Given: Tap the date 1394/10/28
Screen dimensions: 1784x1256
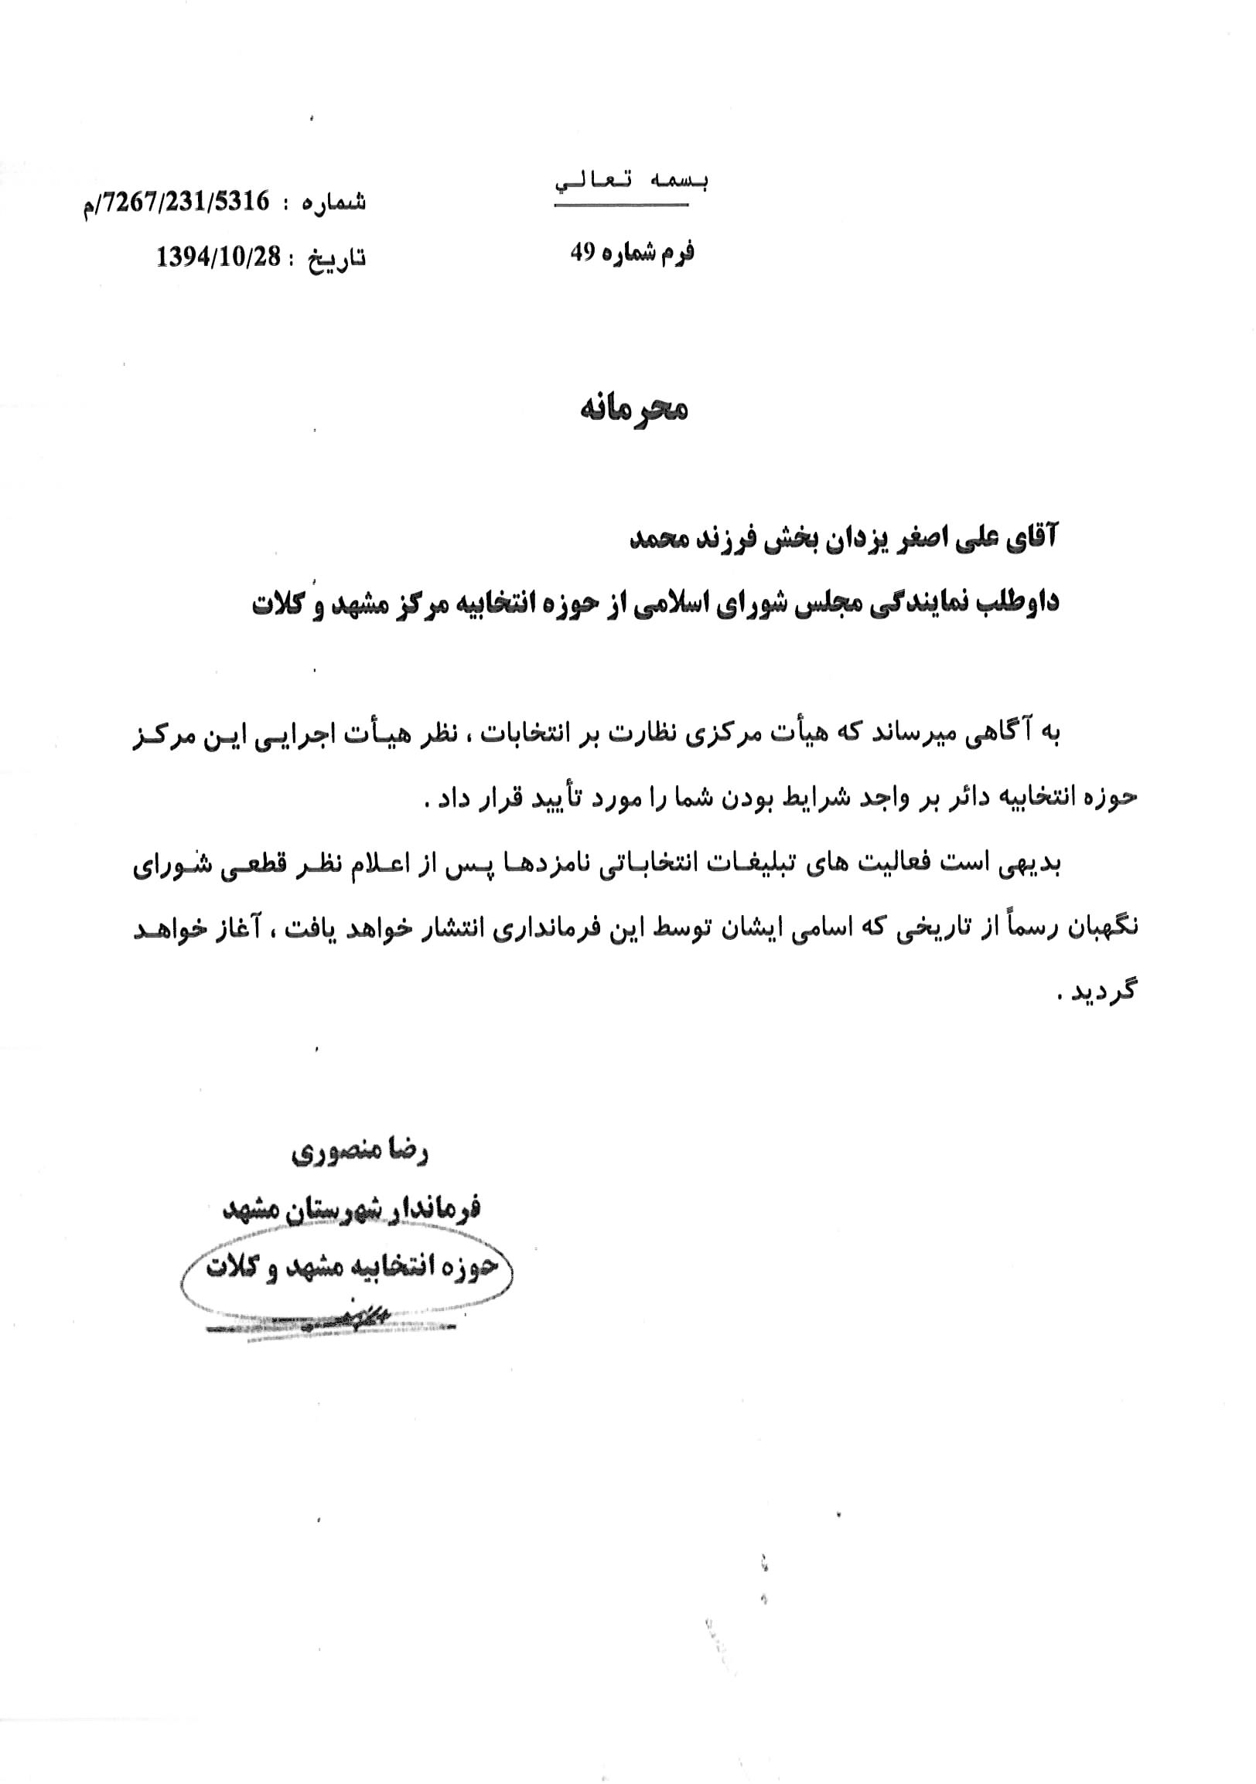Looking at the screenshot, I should [218, 257].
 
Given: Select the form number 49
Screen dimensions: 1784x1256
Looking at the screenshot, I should [582, 253].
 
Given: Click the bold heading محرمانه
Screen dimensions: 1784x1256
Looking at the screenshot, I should [633, 410].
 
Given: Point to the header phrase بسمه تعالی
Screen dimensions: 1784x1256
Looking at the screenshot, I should [631, 182].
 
